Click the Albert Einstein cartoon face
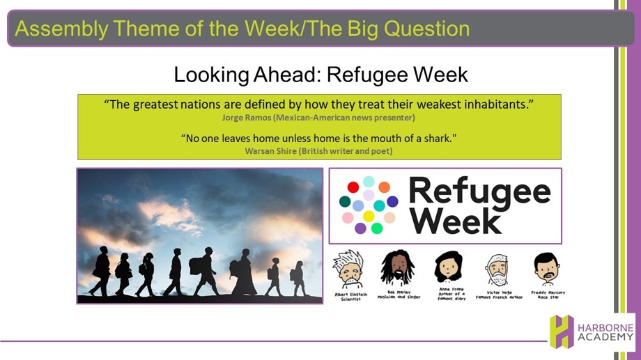point(348,269)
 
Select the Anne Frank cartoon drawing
point(449,267)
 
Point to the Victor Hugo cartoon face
point(497,270)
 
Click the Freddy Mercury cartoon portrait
point(546,269)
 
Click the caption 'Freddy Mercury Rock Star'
point(548,295)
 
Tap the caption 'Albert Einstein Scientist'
point(350,297)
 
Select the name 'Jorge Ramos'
point(247,118)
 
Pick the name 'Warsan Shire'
point(270,151)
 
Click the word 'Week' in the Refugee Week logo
point(455,221)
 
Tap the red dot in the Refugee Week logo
point(353,187)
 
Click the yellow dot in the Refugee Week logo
point(369,216)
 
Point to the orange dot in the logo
point(385,187)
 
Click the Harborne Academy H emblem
point(562,331)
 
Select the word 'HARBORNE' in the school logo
point(605,328)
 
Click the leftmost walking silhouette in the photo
point(100,270)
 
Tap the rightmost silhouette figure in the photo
point(298,279)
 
